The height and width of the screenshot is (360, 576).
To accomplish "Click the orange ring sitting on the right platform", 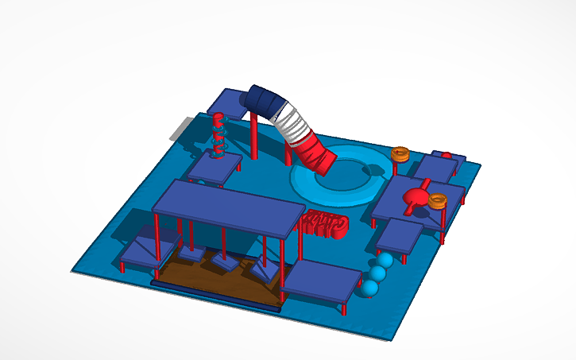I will tap(437, 200).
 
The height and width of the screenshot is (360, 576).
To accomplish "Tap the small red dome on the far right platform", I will tap(446, 154).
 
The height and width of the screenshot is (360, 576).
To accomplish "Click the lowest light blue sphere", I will tap(368, 288).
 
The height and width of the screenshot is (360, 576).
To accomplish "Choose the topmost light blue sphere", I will tap(385, 261).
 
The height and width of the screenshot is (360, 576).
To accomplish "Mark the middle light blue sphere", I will tap(377, 274).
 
